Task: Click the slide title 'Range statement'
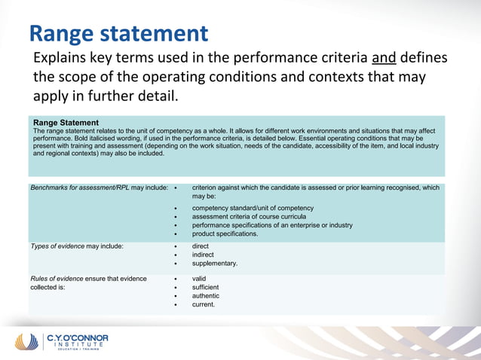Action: (118, 33)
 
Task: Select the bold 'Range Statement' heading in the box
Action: (66, 122)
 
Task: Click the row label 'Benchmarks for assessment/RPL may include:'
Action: (99, 188)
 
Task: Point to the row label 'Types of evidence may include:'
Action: (77, 246)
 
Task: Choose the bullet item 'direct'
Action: (201, 246)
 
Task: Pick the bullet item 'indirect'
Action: (203, 255)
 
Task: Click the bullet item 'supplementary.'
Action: (215, 264)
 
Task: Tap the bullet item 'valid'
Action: (199, 279)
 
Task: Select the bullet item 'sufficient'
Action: (205, 287)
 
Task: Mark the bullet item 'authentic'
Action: (207, 296)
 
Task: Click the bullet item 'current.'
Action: (204, 304)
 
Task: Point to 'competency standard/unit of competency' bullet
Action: (253, 208)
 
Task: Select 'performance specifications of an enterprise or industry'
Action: (272, 225)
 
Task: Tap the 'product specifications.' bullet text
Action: (225, 233)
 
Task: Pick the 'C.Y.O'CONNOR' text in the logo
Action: (77, 338)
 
